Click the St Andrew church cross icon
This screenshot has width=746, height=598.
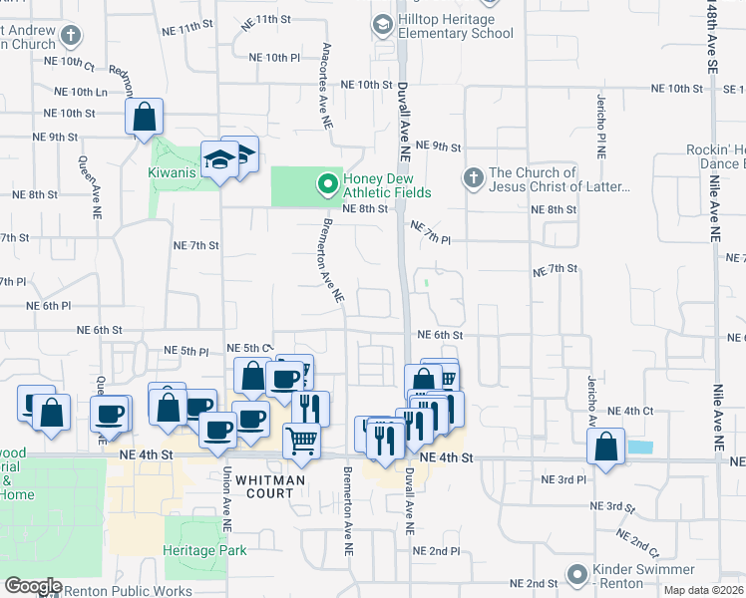70,37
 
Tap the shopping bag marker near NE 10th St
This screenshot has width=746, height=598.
145,117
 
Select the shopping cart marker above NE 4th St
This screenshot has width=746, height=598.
301,439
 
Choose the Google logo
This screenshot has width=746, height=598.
33,586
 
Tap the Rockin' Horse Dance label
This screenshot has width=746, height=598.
716,155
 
